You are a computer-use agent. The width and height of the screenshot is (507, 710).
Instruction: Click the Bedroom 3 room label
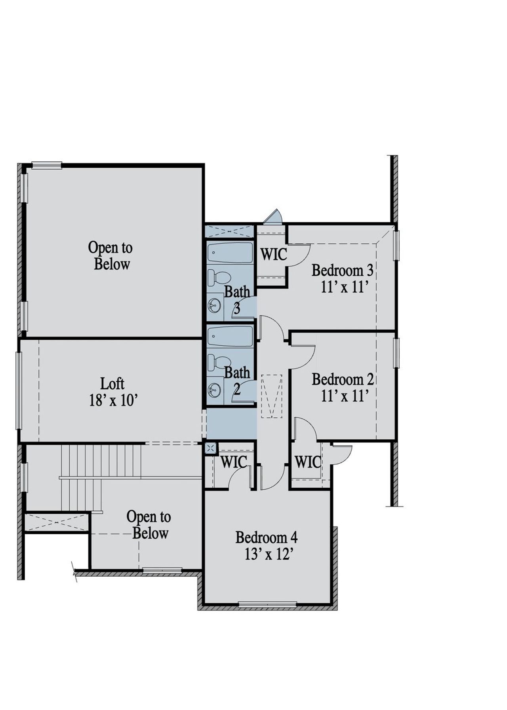click(x=342, y=271)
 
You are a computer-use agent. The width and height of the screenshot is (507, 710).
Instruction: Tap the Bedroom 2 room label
click(x=343, y=379)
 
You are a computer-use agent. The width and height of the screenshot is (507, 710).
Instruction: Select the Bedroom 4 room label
click(x=267, y=538)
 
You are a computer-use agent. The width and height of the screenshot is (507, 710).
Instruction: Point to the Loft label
click(x=112, y=384)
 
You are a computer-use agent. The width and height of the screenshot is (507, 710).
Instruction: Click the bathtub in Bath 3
click(x=230, y=252)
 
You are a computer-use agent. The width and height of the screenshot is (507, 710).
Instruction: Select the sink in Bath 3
click(x=214, y=306)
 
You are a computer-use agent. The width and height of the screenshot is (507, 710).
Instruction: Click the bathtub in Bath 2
click(x=230, y=336)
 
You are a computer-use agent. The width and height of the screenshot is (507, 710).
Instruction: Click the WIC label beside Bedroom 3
click(x=273, y=254)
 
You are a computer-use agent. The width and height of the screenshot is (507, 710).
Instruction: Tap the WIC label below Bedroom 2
click(x=308, y=462)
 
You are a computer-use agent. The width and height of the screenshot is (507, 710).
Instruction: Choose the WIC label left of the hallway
click(x=234, y=462)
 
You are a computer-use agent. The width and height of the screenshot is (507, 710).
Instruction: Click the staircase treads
click(x=101, y=461)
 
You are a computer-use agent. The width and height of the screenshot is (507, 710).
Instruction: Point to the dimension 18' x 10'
click(x=113, y=401)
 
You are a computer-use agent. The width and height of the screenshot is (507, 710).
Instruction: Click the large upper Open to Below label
click(x=111, y=256)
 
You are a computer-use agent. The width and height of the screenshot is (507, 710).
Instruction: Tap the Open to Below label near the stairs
click(x=149, y=525)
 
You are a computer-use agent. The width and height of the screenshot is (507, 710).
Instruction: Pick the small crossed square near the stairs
click(x=211, y=448)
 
